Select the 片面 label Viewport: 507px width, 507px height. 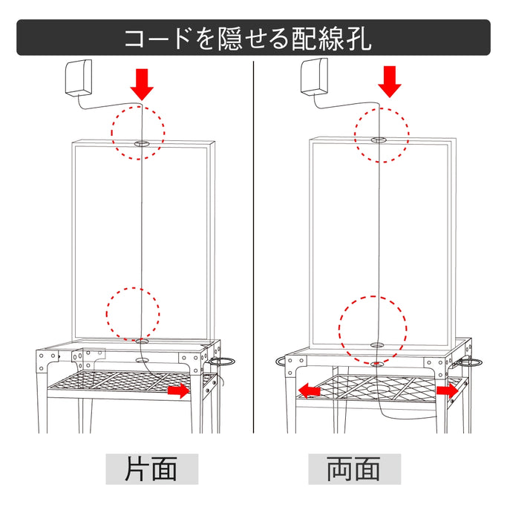(151, 468)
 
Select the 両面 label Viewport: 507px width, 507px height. (354, 468)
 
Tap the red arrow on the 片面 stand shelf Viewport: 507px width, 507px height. (178, 390)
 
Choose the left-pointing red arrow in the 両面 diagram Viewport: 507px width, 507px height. (309, 390)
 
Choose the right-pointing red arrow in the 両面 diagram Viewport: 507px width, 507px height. (447, 390)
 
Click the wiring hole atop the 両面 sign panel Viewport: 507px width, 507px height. (378, 139)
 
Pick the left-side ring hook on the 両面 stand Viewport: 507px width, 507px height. (281, 362)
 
